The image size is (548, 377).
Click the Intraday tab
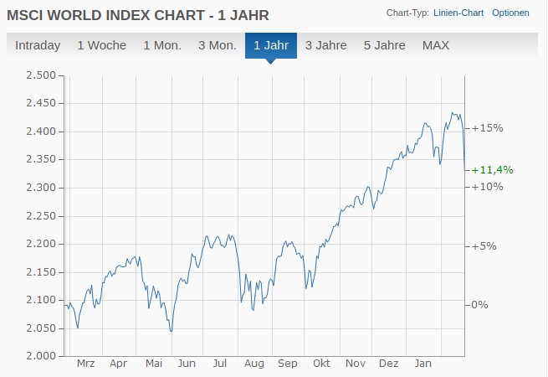tap(38, 45)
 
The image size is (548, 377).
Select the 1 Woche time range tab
tap(101, 45)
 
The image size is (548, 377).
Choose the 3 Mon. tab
tap(217, 45)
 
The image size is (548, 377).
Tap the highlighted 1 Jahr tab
tap(271, 45)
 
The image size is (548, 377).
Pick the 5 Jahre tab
tap(385, 45)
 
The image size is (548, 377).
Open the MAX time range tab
tap(436, 45)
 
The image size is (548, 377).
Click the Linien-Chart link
tap(458, 13)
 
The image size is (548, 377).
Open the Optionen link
tap(510, 13)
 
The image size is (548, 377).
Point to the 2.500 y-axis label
tap(40, 75)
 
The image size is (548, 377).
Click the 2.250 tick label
tap(40, 216)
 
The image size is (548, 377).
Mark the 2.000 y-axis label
tap(40, 356)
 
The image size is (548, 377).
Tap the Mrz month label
tap(85, 364)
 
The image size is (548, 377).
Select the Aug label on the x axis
tap(254, 364)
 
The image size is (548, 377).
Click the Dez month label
tap(389, 364)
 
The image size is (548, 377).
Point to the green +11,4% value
tap(493, 169)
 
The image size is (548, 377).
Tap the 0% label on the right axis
tap(479, 304)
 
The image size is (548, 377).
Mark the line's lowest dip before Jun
tap(171, 332)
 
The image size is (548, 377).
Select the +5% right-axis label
tap(484, 246)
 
